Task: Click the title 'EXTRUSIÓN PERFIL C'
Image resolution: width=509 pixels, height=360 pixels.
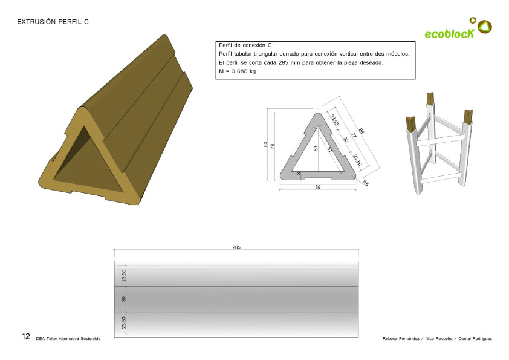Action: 53,21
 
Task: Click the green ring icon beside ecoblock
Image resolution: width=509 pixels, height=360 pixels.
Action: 485,26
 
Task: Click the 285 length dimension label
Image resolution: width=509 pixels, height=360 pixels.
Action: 236,247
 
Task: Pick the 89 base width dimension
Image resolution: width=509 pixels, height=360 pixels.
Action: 317,188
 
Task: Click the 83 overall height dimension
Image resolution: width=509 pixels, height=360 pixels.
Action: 265,145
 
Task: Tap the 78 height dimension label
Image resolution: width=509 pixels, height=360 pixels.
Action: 273,146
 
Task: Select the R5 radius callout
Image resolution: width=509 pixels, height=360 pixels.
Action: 366,183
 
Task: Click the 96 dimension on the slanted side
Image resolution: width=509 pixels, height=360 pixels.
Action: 361,131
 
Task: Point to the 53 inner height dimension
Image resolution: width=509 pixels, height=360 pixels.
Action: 316,148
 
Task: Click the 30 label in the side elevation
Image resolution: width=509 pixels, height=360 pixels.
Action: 124,299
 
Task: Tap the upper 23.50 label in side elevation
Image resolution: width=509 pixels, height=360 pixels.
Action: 124,275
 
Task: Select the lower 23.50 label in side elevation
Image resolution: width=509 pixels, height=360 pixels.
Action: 124,323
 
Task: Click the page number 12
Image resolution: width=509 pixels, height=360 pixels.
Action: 26,336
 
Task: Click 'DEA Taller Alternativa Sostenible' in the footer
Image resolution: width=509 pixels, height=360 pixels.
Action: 68,338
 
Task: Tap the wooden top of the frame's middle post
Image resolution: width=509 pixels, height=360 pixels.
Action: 430,98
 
